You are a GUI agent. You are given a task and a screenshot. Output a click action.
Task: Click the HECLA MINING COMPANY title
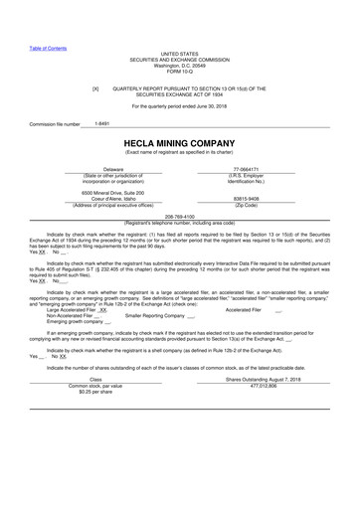point(179,141)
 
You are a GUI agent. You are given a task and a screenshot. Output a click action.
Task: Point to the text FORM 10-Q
point(179,72)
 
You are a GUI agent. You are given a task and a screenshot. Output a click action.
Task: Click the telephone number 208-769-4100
point(179,216)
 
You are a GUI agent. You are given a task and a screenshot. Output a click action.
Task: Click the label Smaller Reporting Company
point(154,315)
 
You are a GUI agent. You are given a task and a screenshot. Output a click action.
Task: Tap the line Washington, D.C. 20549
point(179,66)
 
